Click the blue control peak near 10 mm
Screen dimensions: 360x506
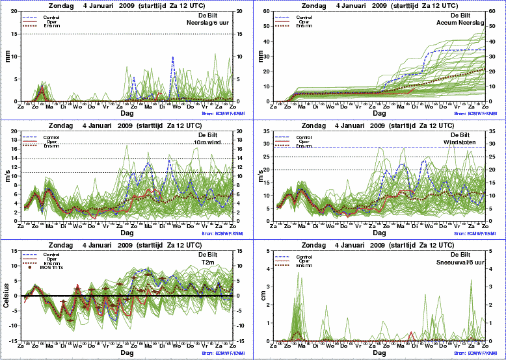(172, 57)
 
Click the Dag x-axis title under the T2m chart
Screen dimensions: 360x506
(127, 352)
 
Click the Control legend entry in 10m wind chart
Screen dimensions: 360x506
(51, 138)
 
